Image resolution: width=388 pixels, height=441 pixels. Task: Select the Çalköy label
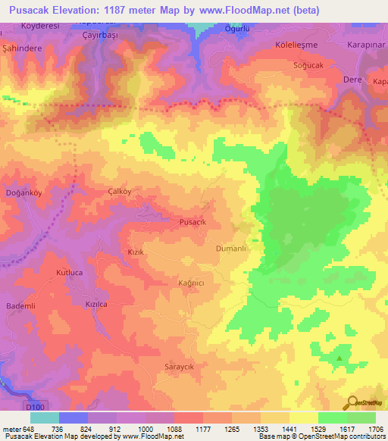click(120, 192)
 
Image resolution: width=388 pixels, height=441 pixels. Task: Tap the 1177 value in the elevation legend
click(205, 428)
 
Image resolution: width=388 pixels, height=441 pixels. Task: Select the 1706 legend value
click(375, 428)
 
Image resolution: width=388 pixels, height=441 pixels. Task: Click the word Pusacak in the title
click(35, 11)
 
